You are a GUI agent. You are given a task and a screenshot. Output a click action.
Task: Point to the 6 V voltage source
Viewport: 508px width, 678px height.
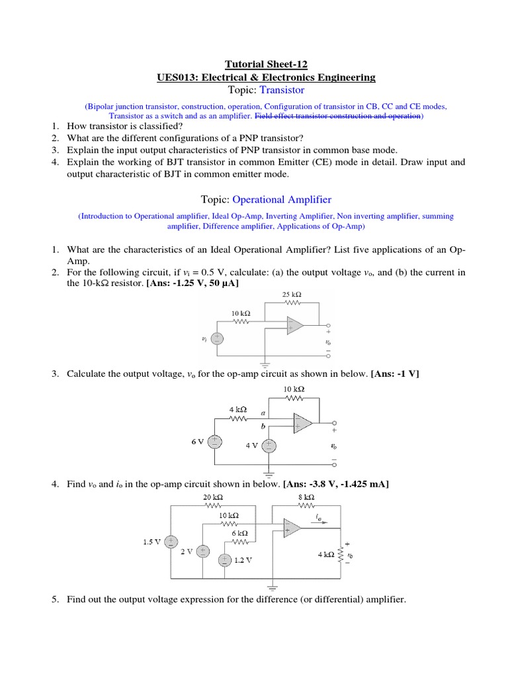point(215,442)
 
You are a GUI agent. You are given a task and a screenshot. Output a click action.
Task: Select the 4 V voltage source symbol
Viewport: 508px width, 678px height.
point(269,446)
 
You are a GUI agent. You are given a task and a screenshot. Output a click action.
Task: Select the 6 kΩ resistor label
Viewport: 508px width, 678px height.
point(239,532)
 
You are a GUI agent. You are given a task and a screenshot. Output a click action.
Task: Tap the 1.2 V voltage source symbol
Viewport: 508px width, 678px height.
point(225,559)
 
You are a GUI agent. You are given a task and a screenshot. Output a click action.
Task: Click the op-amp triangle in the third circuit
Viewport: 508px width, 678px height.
point(291,528)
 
